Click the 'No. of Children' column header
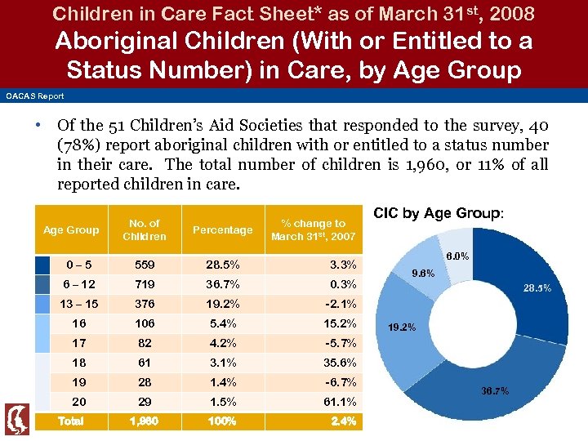pyautogui.click(x=145, y=229)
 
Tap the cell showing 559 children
pyautogui.click(x=145, y=265)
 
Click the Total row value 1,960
pyautogui.click(x=145, y=421)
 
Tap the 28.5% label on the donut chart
pyautogui.click(x=537, y=288)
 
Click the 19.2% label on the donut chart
pyautogui.click(x=401, y=327)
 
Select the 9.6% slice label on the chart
pyautogui.click(x=423, y=273)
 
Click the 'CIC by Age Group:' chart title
pyautogui.click(x=439, y=213)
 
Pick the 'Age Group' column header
pyautogui.click(x=70, y=229)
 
